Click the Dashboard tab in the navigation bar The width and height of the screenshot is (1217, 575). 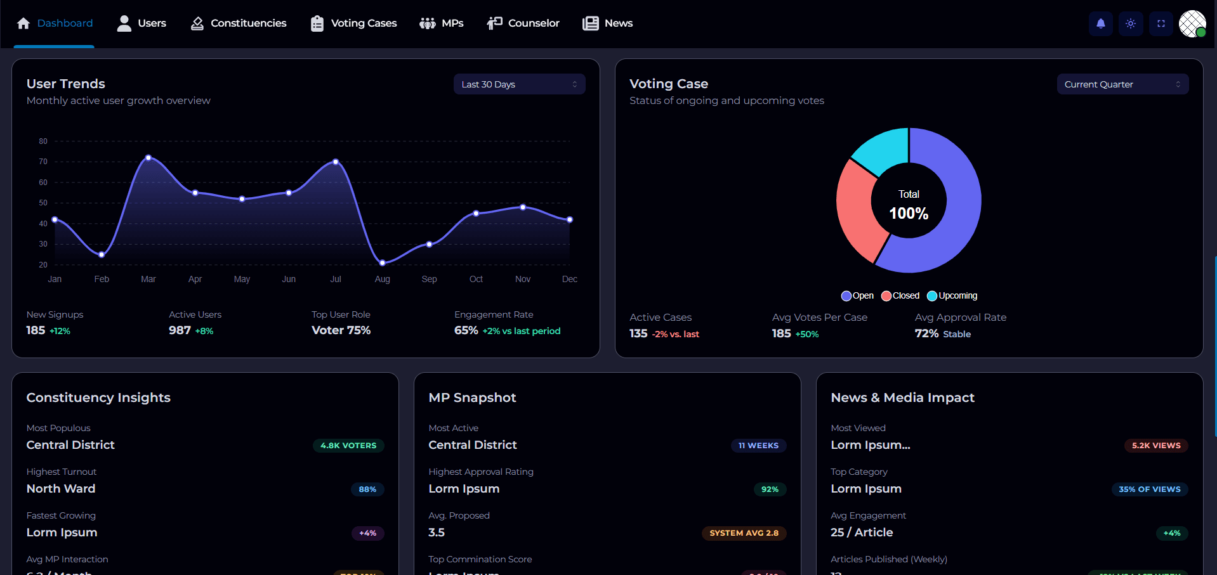point(55,23)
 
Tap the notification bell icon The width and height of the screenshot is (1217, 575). point(1101,23)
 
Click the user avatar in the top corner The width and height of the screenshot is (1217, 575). point(1192,23)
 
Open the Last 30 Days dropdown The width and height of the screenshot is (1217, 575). point(519,84)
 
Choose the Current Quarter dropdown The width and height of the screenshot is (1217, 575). point(1122,84)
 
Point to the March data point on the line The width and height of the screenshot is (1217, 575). point(148,157)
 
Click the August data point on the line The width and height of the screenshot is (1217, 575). point(383,262)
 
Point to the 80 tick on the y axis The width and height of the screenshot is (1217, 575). point(43,141)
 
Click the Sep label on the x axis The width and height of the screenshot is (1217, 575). point(429,279)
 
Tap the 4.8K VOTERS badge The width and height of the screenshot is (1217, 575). point(348,446)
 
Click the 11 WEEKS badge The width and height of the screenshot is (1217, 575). point(758,446)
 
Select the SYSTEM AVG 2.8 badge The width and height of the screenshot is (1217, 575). point(744,533)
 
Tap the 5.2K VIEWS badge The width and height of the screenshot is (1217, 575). point(1156,446)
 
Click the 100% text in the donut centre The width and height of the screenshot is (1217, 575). point(909,214)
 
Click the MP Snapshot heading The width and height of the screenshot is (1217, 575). point(472,397)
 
